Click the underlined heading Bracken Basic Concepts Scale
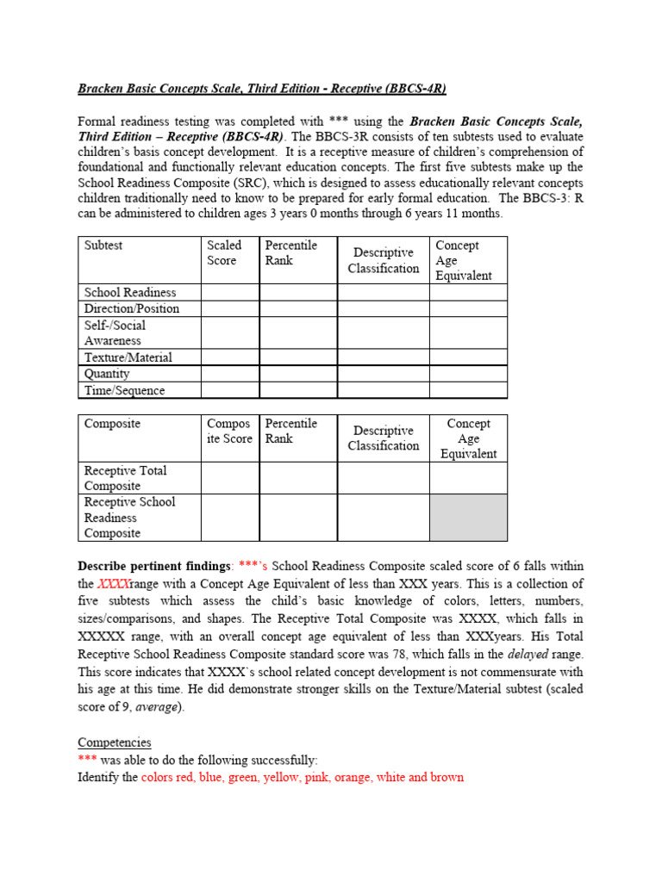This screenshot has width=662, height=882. pos(262,89)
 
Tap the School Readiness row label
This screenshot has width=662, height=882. pos(130,292)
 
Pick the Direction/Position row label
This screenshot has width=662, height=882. pos(132,308)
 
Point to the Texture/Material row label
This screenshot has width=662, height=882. pos(128,357)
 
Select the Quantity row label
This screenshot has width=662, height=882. pos(107,374)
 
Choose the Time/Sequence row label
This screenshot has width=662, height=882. pos(125,390)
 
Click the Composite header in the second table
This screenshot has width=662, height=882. pos(112,424)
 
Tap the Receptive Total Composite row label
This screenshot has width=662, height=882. pos(126,478)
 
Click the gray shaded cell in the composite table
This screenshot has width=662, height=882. pos(468,518)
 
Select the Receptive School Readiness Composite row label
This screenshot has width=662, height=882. pos(129,518)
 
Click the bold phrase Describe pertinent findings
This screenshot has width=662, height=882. pos(155,566)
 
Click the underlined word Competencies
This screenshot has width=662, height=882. pos(115,742)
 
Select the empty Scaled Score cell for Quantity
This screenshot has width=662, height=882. pos(230,374)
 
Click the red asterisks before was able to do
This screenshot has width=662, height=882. pos(87,760)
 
